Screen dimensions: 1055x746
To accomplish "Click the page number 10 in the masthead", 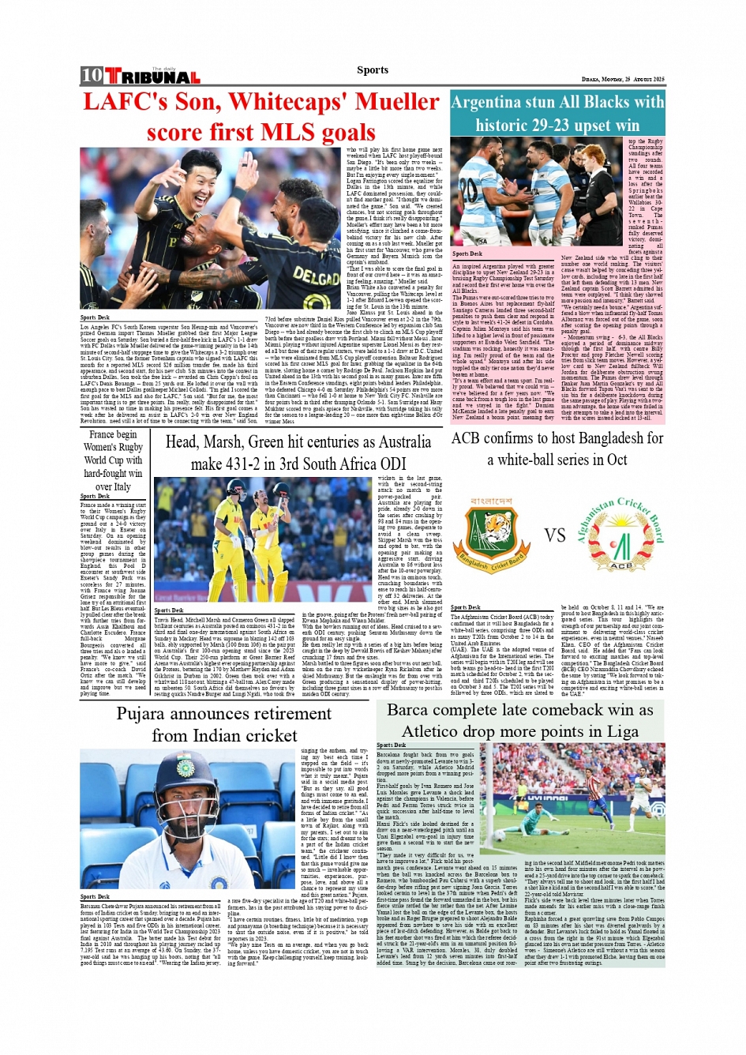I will (x=92, y=76).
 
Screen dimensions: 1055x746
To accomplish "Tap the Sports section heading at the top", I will (x=373, y=70).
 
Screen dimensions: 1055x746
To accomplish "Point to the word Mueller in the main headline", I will (x=397, y=102).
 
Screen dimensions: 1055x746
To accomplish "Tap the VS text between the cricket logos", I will (x=555, y=535).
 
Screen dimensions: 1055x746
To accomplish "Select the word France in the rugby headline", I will (x=101, y=434).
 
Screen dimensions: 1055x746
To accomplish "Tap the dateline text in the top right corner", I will (x=623, y=80).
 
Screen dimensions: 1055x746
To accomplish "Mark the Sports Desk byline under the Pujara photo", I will (x=95, y=896).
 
